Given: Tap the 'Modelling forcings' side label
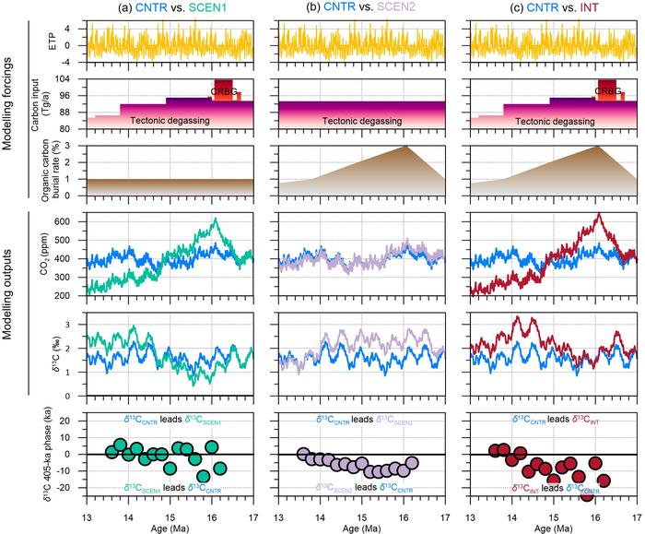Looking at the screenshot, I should (x=11, y=104).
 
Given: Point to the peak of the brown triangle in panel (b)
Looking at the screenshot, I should (x=406, y=147).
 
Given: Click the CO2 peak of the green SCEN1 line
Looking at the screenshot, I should (x=215, y=220).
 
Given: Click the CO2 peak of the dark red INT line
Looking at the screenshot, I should (x=598, y=215).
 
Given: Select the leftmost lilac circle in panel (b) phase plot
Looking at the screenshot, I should (x=303, y=454).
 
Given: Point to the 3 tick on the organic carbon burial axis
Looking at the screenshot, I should (x=72, y=147).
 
